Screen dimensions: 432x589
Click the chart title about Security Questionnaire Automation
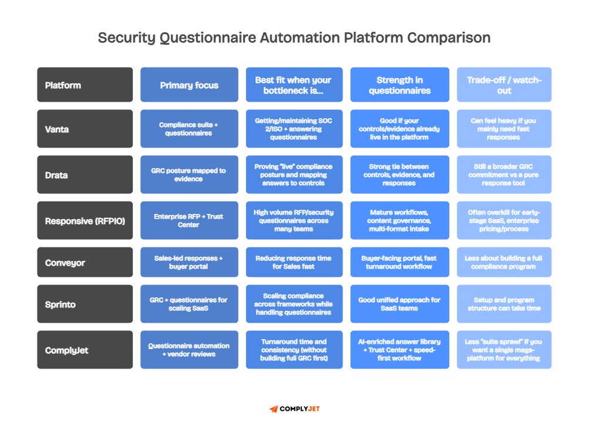point(294,38)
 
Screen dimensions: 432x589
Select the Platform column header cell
point(85,85)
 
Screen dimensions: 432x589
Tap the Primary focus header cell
point(189,85)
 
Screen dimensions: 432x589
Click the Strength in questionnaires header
point(399,85)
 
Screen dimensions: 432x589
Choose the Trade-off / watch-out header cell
point(504,85)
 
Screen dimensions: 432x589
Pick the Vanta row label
point(85,129)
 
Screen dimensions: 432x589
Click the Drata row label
point(85,175)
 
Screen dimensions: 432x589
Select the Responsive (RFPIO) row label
point(85,221)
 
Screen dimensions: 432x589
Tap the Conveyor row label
point(85,262)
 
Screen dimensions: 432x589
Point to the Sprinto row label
point(85,304)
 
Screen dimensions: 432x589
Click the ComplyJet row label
point(85,350)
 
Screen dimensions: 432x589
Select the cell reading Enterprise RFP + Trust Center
point(189,221)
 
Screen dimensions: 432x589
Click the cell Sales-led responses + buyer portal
point(189,262)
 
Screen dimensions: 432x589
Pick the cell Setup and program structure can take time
point(504,304)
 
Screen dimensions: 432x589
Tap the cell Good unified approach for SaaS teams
point(399,304)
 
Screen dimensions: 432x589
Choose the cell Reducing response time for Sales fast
point(294,262)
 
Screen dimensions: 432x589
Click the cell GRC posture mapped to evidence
point(189,175)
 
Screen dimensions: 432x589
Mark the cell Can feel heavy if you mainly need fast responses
point(504,129)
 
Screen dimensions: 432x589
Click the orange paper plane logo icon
point(274,409)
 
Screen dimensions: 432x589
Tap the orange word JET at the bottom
point(314,409)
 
